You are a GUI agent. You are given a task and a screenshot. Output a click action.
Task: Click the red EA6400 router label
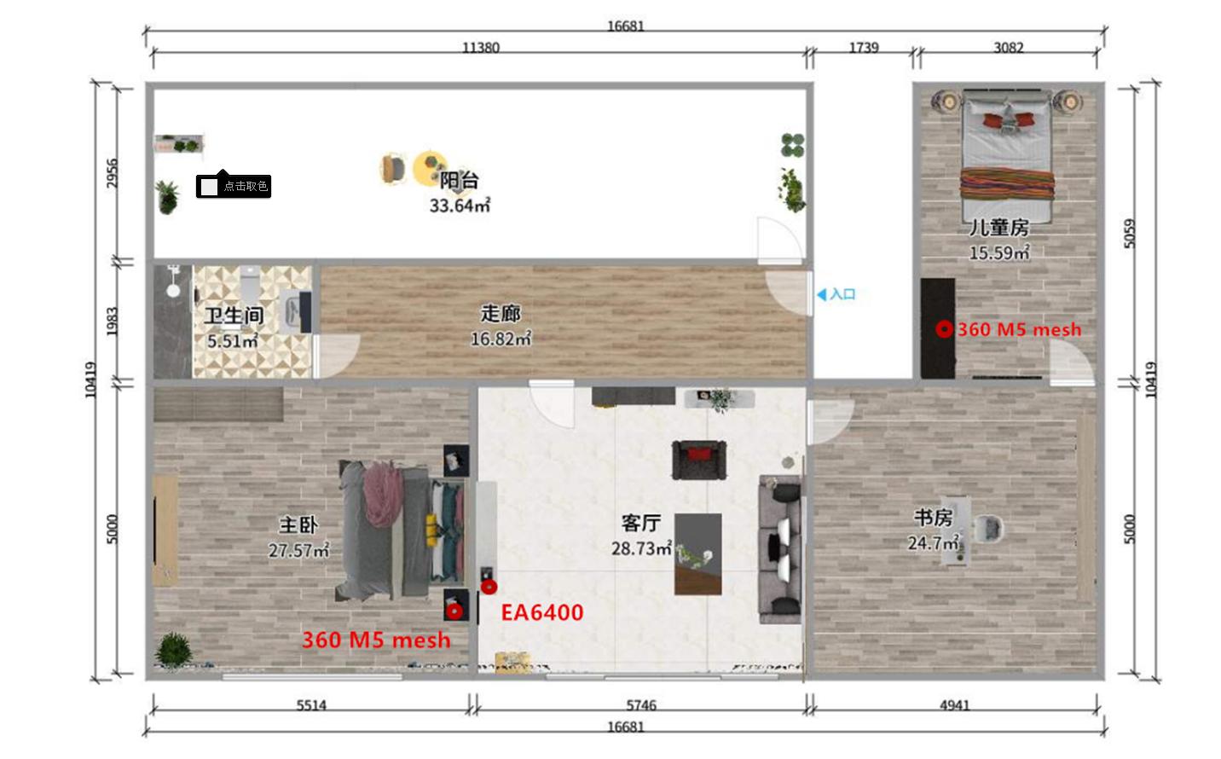541,612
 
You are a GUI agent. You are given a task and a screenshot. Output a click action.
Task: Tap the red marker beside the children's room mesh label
944,329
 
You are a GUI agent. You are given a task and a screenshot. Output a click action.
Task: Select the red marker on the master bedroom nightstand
454,611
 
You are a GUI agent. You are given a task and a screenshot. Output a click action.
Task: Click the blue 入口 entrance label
836,294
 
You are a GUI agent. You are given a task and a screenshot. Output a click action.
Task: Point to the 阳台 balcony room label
459,181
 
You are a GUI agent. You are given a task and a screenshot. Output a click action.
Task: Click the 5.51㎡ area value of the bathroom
232,341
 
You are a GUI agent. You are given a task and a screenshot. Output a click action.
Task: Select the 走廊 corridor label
500,314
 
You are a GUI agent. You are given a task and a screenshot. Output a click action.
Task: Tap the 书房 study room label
933,518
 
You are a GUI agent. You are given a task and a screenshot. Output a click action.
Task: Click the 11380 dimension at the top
481,48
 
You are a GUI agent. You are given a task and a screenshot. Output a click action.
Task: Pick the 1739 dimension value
864,48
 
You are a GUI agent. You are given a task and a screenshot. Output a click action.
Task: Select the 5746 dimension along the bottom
641,705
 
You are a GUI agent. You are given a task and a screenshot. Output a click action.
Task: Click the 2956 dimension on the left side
112,173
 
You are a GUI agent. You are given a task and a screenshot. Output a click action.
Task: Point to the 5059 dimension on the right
1130,234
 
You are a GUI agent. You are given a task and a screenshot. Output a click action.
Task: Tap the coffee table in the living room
698,554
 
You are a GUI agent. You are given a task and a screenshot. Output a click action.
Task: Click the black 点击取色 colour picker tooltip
234,186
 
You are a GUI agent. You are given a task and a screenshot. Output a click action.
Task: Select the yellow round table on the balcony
430,168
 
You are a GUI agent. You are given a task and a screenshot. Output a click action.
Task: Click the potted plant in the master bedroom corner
173,650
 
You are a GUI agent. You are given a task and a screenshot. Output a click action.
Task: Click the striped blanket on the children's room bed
1007,184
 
